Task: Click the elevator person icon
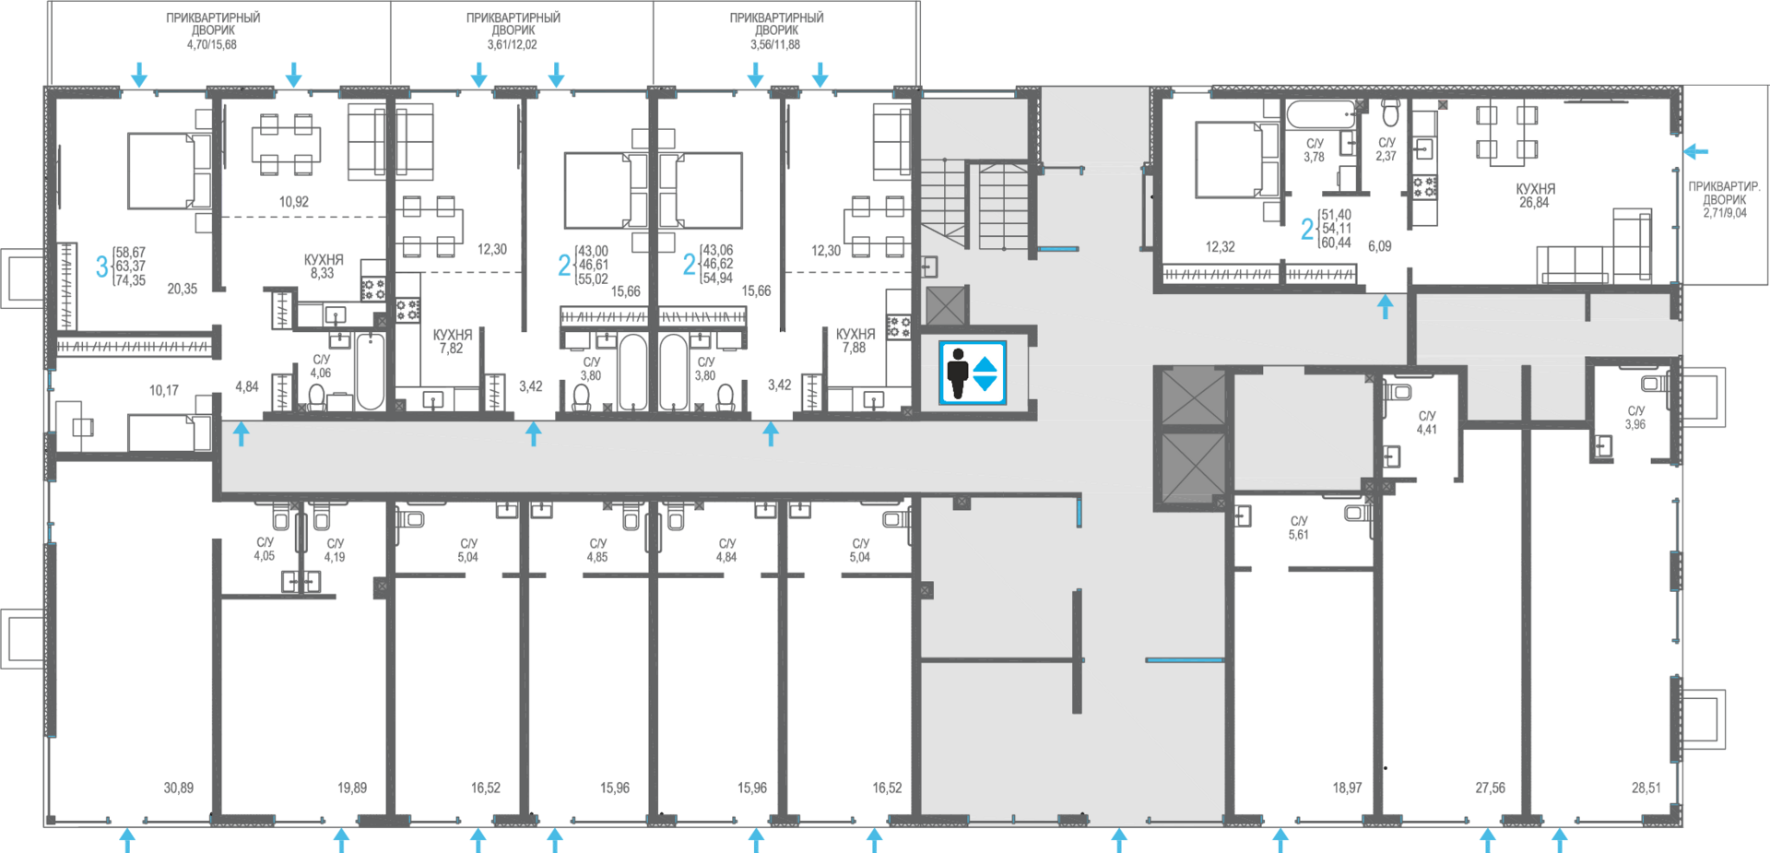[x=958, y=373]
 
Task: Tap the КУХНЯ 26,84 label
[x=1535, y=195]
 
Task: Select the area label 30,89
[x=179, y=788]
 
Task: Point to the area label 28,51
[x=1646, y=788]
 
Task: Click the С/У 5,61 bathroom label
[x=1299, y=527]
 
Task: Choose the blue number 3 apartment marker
[x=101, y=267]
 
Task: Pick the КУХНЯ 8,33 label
[x=324, y=267]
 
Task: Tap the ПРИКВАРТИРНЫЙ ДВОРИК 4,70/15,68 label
[x=213, y=30]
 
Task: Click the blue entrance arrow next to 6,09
[x=1385, y=306]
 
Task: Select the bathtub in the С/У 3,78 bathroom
[x=1321, y=115]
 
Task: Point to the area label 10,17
[x=164, y=390]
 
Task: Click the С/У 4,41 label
[x=1427, y=422]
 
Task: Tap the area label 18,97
[x=1347, y=788]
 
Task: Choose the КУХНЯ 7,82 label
[x=453, y=341]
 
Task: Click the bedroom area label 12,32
[x=1220, y=247]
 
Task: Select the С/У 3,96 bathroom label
[x=1635, y=418]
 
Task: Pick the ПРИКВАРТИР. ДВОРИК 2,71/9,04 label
[x=1724, y=199]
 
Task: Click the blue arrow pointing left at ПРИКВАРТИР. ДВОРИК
[x=1696, y=151]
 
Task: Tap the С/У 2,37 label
[x=1386, y=149]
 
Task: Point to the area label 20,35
[x=183, y=289]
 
